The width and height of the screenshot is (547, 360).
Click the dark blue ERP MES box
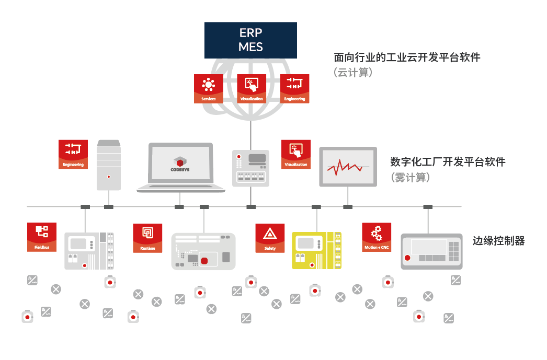coord(250,40)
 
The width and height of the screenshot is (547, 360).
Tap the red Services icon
coord(208,88)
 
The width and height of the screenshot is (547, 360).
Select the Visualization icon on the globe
coord(252,88)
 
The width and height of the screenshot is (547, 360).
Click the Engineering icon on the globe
coord(294,88)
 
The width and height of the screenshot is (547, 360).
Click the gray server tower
coord(109,165)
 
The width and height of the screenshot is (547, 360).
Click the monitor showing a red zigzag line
coord(347,167)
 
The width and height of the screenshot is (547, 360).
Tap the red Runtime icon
coord(147,238)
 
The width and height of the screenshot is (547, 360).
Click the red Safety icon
coord(270,238)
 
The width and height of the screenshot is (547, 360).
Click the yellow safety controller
coord(316,250)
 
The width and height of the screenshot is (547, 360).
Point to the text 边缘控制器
coord(498,241)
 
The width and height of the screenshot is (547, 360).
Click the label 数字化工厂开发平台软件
coord(448,161)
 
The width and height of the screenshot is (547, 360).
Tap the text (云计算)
coord(353,73)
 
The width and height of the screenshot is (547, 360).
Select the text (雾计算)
coord(411,178)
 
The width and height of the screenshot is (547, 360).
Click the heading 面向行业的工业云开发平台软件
coord(407,57)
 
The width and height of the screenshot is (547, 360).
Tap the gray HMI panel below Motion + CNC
coord(431,251)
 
